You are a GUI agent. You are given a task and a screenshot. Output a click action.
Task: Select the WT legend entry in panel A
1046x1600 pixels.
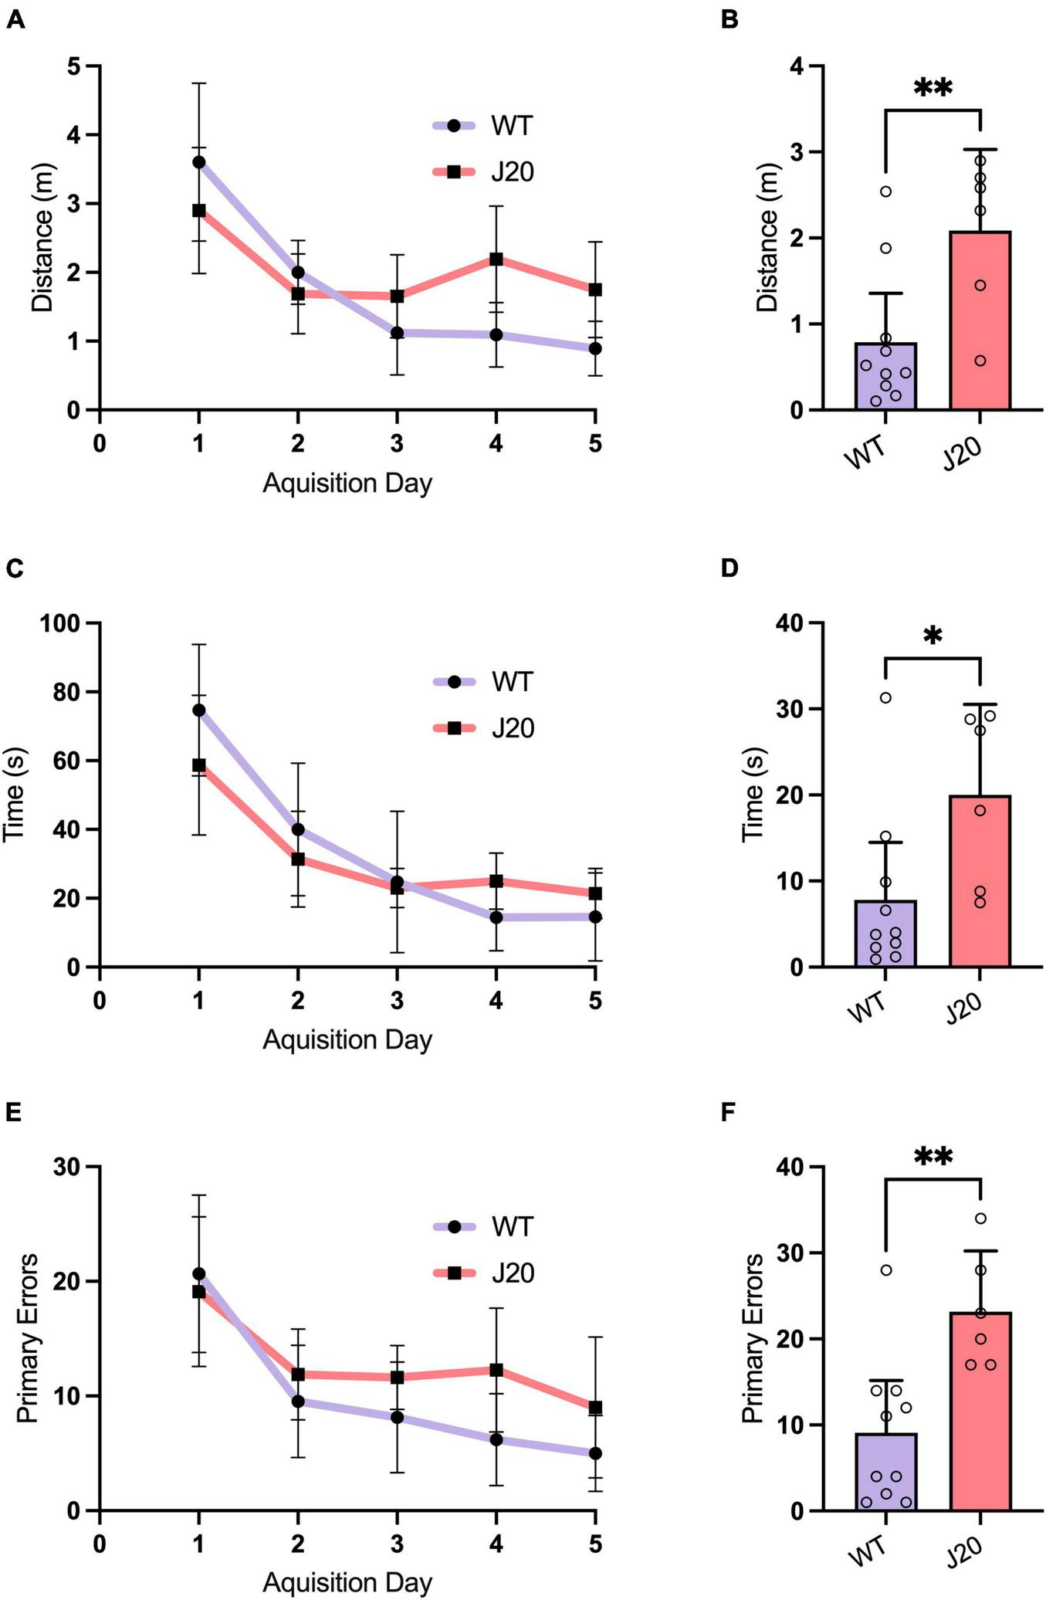coord(483,126)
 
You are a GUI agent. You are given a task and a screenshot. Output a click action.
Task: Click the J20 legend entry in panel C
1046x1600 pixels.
coord(483,728)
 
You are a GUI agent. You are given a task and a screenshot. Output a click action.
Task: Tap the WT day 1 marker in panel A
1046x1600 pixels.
coord(199,162)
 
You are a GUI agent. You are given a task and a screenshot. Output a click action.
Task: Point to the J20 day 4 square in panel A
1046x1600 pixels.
coord(496,259)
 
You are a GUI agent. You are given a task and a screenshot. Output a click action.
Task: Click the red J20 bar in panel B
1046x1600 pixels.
coord(980,320)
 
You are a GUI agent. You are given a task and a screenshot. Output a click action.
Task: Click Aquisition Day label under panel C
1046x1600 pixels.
coord(347,1039)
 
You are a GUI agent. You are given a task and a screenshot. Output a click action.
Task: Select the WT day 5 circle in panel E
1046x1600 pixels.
coord(594,1453)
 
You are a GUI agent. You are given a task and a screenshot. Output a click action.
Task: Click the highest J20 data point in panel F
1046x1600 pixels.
coord(980,1219)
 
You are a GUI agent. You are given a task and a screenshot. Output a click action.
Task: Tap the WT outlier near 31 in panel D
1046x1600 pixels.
coord(885,698)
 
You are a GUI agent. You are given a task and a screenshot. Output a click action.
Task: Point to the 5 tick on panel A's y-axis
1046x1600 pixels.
coord(73,67)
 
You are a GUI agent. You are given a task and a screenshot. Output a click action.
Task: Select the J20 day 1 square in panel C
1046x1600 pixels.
coord(199,765)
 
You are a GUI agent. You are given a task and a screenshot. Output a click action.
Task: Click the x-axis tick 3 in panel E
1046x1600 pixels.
coord(397,1544)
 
